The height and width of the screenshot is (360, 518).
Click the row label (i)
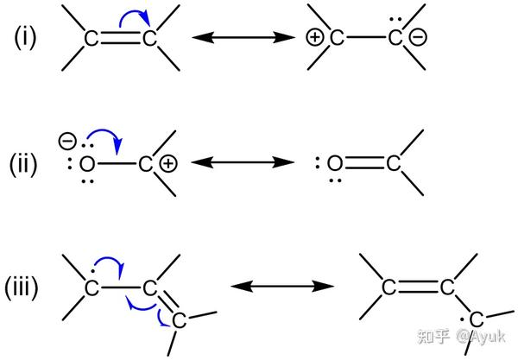[x=22, y=39]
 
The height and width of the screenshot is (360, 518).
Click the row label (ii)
[x=22, y=162]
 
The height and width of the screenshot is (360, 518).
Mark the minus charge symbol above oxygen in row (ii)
[x=63, y=138]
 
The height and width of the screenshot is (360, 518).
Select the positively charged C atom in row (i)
[x=336, y=39]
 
